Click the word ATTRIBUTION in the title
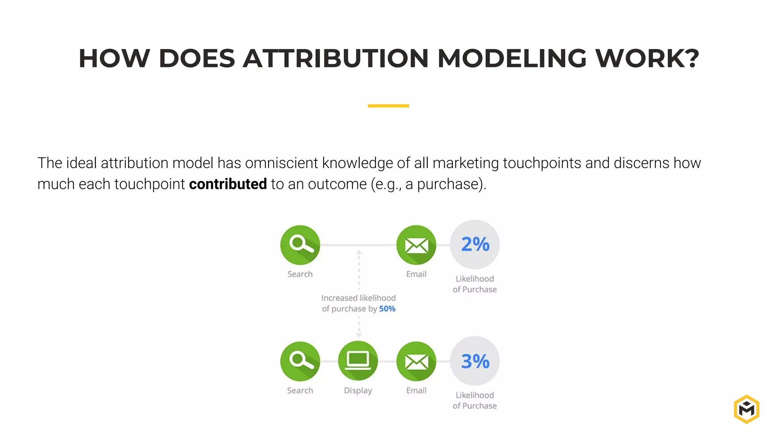[x=335, y=59]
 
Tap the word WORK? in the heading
[x=647, y=59]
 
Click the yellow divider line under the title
[x=388, y=106]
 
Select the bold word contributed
[x=228, y=184]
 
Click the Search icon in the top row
[x=300, y=245]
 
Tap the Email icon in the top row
[x=416, y=245]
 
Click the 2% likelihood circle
[x=475, y=245]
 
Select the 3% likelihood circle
[x=475, y=361]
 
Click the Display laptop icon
[x=358, y=361]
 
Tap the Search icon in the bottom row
[x=300, y=361]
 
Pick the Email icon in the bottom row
[x=416, y=361]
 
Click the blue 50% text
[x=387, y=309]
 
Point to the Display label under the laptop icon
[x=358, y=390]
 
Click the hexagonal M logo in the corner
[x=746, y=409]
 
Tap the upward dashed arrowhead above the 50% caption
[x=359, y=252]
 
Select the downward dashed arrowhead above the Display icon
[x=359, y=335]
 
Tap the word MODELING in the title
[x=512, y=59]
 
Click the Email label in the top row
[x=416, y=274]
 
